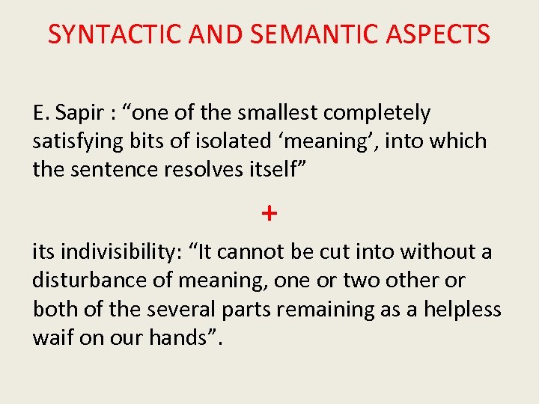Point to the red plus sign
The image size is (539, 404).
point(269,213)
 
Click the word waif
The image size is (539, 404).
point(49,337)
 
